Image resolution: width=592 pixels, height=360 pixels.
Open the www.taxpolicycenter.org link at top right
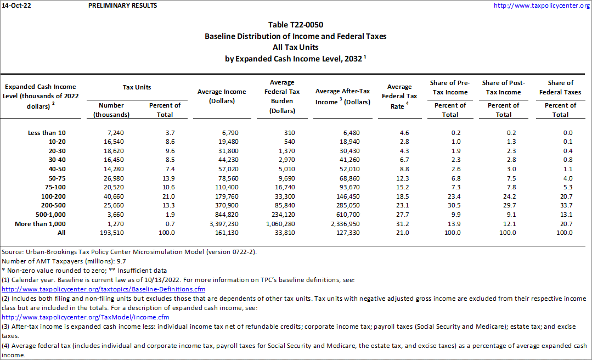(x=541, y=5)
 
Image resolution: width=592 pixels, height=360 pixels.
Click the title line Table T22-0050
(x=296, y=25)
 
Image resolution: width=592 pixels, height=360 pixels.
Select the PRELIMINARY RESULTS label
(x=122, y=5)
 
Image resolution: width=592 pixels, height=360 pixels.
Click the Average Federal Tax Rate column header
(x=399, y=96)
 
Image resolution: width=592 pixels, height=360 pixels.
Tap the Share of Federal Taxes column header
(x=560, y=87)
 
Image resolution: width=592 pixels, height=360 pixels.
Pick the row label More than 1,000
(x=42, y=223)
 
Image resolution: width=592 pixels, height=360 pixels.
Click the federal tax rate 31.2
(x=402, y=223)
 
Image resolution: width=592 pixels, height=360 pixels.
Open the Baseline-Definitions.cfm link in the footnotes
(x=104, y=289)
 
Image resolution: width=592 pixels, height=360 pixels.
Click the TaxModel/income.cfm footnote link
(x=86, y=317)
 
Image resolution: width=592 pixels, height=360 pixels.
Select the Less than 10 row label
(x=47, y=132)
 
